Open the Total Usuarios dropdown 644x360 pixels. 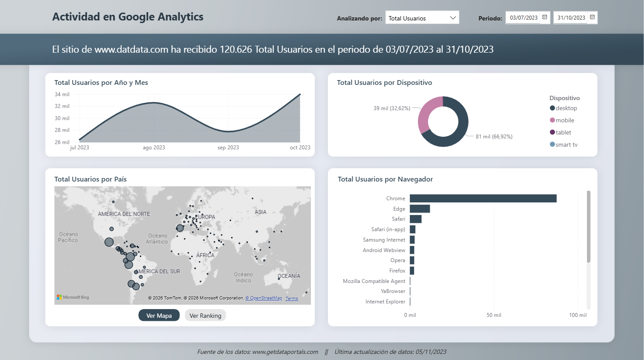click(422, 18)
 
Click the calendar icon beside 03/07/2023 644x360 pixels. click(544, 17)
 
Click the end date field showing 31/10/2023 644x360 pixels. click(571, 18)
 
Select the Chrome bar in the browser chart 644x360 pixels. click(483, 199)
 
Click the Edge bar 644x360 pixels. click(420, 209)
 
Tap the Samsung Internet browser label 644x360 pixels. click(384, 240)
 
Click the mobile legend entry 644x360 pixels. click(565, 121)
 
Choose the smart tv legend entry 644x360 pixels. click(566, 145)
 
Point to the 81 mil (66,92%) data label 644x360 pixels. click(494, 137)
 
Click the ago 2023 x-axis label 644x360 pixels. click(154, 148)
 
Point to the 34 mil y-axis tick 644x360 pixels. click(62, 94)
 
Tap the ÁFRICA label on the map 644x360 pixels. click(205, 255)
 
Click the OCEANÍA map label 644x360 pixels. click(289, 276)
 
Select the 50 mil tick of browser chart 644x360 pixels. click(494, 315)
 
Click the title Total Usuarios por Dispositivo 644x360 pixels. click(384, 83)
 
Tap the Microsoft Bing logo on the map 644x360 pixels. click(73, 297)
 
